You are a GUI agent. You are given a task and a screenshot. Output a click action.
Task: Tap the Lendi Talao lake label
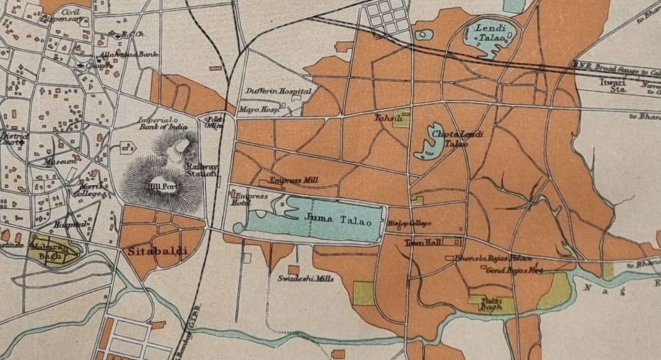490,33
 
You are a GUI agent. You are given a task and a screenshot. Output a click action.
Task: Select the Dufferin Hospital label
279,91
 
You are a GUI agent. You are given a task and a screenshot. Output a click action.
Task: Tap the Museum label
59,161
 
